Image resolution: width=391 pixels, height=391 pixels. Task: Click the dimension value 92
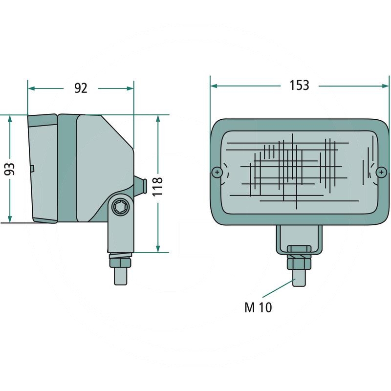pos(81,88)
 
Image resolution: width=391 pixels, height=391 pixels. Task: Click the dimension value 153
pos(299,85)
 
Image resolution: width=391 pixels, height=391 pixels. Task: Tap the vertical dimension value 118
pos(157,186)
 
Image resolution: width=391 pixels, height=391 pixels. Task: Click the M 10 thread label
pos(258,307)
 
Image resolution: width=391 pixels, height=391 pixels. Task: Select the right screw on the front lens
pos(382,172)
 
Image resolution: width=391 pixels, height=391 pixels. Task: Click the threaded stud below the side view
pos(120,276)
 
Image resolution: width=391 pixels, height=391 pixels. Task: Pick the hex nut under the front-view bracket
pos(298,263)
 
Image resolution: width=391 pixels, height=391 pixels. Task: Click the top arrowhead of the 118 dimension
pos(158,119)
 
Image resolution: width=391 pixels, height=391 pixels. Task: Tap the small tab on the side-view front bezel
pos(32,169)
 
